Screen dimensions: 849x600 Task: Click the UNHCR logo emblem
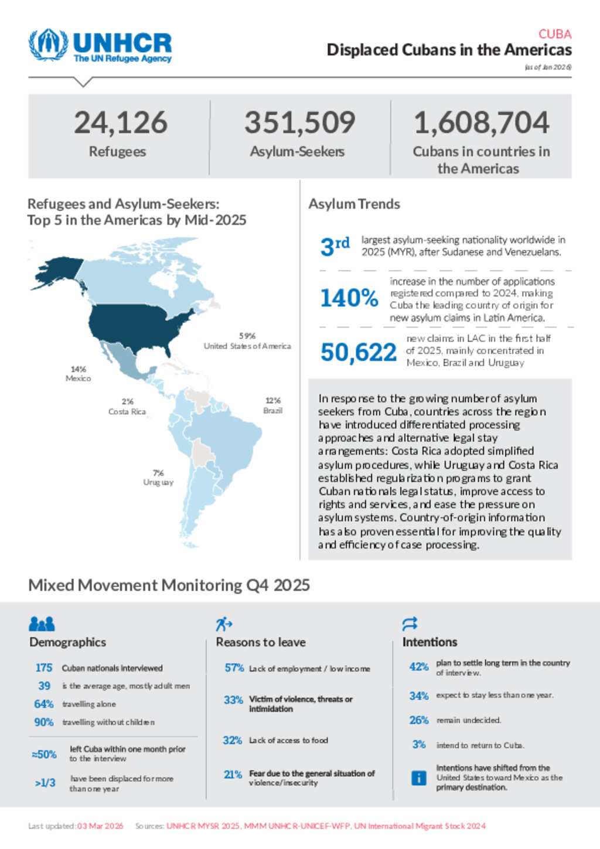tap(48, 45)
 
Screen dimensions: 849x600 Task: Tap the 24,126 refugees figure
tap(121, 123)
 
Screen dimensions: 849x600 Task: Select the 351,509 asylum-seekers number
tap(299, 123)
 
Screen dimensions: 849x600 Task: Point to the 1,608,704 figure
tap(481, 123)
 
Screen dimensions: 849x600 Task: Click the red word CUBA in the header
tap(554, 34)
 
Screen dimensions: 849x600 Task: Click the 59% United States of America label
tap(247, 341)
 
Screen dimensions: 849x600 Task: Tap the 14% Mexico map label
tap(79, 374)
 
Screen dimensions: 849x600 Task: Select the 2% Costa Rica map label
tap(127, 407)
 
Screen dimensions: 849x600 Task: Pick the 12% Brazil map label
tap(273, 405)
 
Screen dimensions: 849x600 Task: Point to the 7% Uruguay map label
tap(158, 478)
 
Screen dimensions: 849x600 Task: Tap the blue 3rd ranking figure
tap(335, 246)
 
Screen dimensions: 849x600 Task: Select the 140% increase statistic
tap(349, 298)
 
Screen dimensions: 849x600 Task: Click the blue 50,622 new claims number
tap(358, 352)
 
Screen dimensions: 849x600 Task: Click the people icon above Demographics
tap(42, 623)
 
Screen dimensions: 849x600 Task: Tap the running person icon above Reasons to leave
tap(223, 624)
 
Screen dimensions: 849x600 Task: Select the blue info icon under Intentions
tap(418, 778)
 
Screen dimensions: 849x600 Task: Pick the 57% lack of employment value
tap(234, 668)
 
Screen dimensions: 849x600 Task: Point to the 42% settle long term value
tap(419, 667)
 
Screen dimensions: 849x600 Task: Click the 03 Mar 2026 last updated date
tap(100, 826)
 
